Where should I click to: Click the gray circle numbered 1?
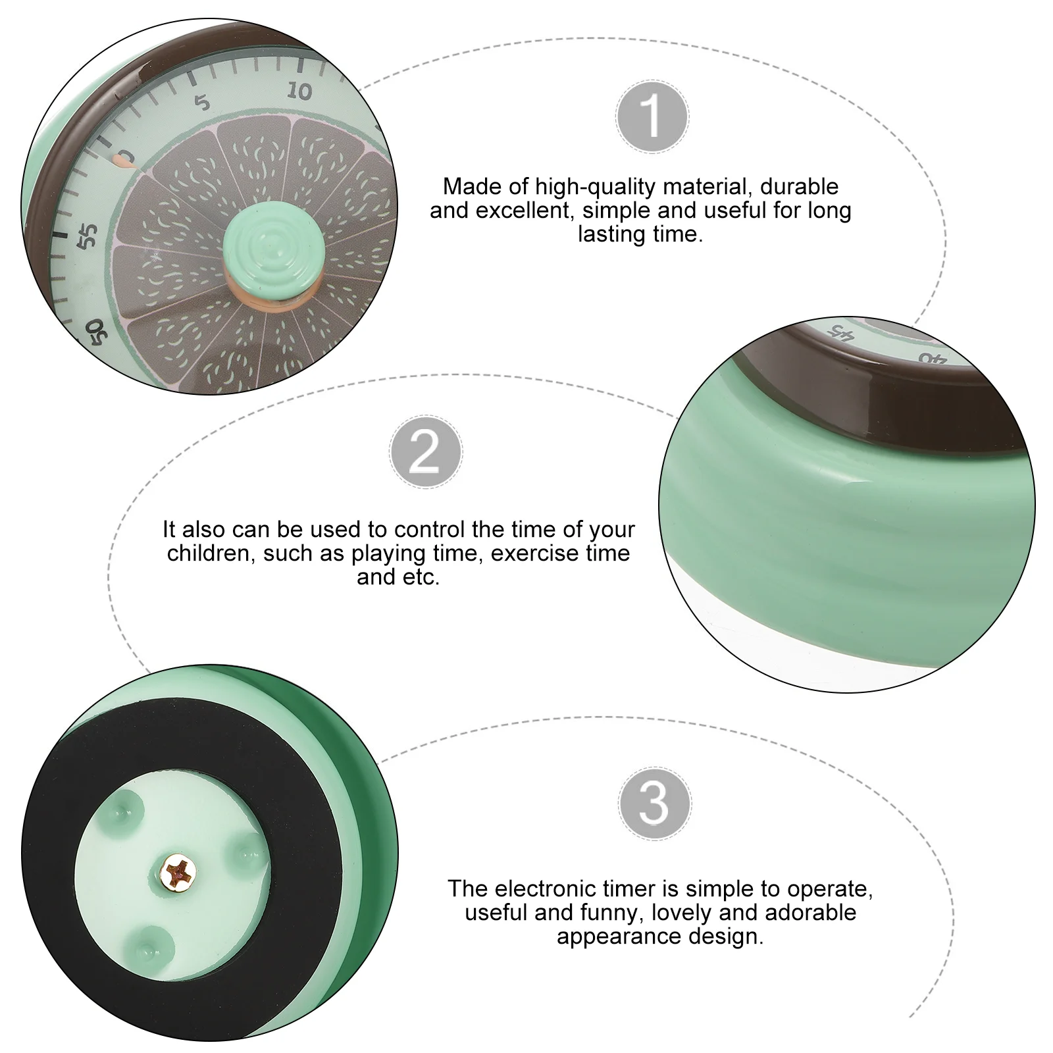652,116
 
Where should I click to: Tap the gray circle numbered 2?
425,452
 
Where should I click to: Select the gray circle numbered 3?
654,803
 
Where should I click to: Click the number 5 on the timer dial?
202,102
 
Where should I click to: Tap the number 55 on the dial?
88,236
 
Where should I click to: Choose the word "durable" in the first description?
799,187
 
